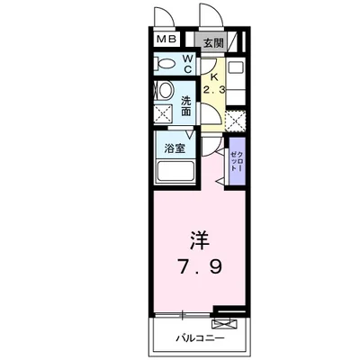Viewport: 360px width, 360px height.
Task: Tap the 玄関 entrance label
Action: pos(211,41)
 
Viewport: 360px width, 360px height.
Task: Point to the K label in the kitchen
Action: pos(212,76)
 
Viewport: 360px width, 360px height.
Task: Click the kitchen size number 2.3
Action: pos(213,90)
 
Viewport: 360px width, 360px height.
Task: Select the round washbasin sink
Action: pos(166,92)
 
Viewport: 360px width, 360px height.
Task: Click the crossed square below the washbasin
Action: pos(165,115)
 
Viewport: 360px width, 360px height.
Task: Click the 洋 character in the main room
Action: pos(200,240)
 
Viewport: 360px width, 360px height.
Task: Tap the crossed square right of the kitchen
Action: pos(236,120)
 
